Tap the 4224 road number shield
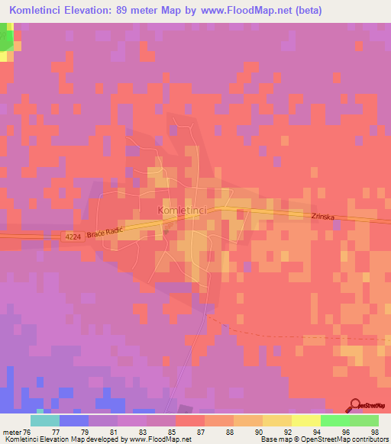[71, 237]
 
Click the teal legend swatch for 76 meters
[45, 420]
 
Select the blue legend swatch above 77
[74, 420]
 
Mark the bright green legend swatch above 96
[335, 420]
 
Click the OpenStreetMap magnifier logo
[354, 405]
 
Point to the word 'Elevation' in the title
[95, 11]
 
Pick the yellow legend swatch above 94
[306, 420]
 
